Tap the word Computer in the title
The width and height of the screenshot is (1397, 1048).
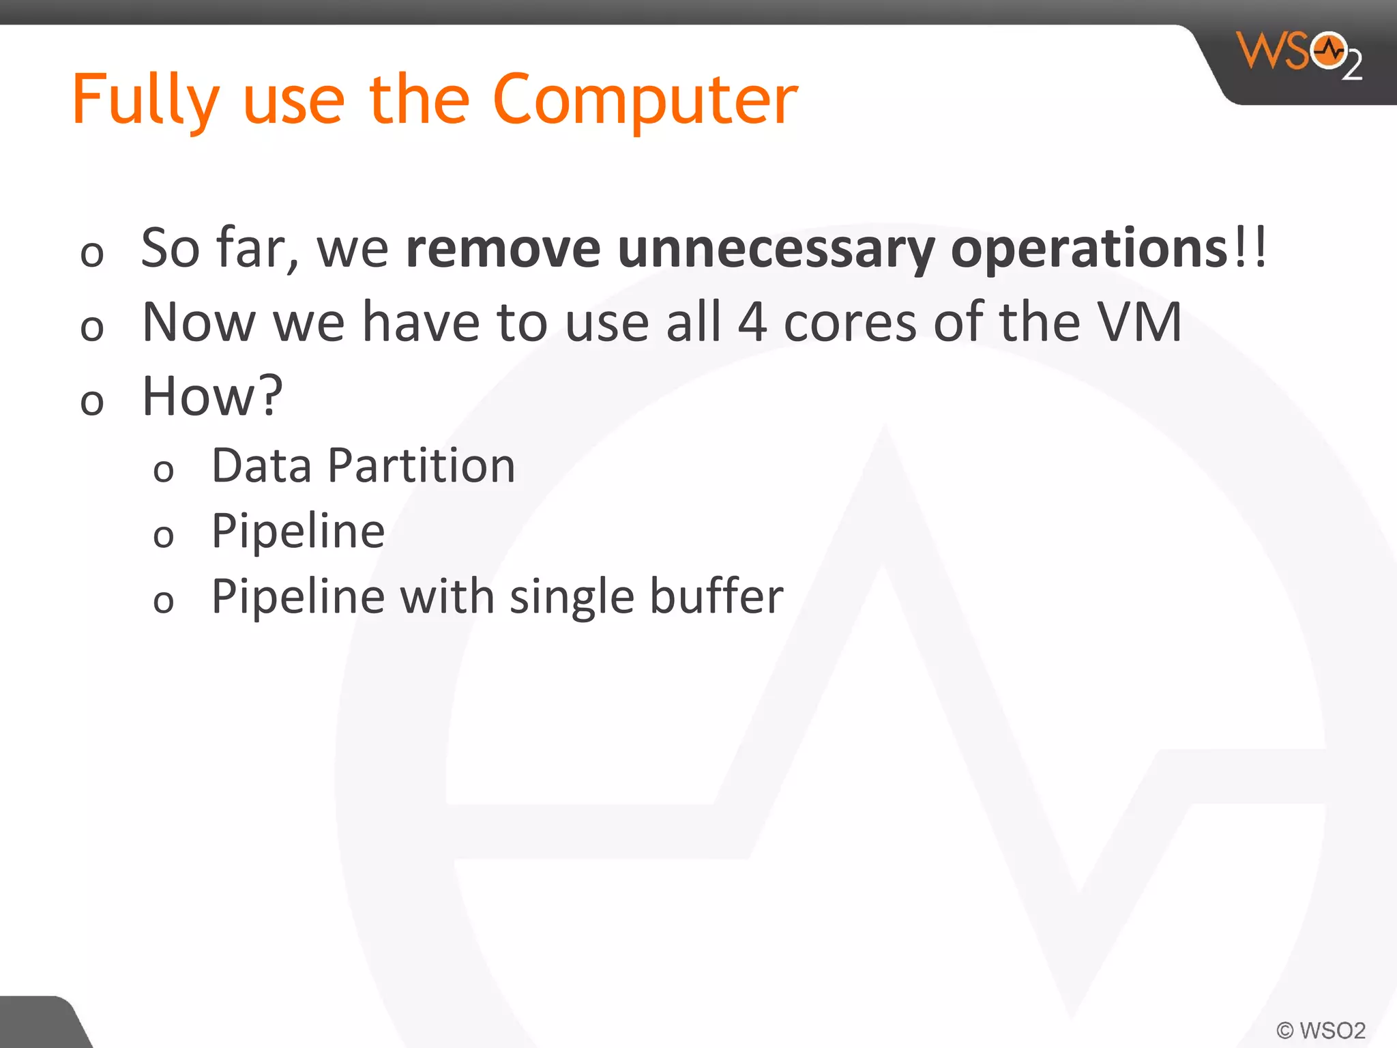tap(644, 101)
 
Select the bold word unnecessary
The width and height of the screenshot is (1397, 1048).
tap(776, 249)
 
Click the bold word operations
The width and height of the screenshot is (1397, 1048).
tap(1089, 249)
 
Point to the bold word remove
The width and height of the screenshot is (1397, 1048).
tap(503, 249)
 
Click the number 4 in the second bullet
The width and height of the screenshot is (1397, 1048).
tap(752, 322)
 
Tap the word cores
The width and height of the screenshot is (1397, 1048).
tap(850, 322)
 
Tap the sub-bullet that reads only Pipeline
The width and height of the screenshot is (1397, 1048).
tap(298, 532)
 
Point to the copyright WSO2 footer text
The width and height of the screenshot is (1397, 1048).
tap(1321, 1030)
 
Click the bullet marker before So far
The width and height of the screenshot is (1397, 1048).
tap(91, 254)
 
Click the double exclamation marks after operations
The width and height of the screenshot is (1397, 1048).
tap(1250, 248)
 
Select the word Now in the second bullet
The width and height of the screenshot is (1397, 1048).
tap(198, 322)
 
